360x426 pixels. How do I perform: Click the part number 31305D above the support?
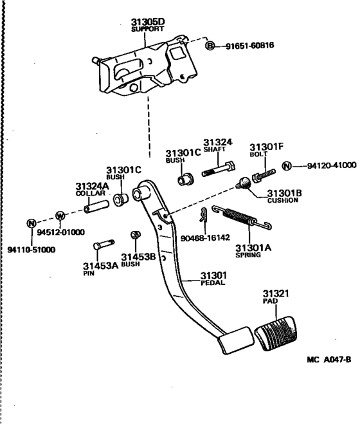click(148, 22)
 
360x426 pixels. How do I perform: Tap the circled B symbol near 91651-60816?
click(210, 46)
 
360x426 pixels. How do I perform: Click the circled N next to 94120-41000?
click(287, 167)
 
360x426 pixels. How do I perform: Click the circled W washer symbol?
click(60, 215)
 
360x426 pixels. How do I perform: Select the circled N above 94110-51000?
click(31, 224)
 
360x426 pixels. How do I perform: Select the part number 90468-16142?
click(206, 237)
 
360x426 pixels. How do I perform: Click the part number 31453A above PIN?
click(100, 265)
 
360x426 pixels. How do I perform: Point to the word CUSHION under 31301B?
click(283, 200)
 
